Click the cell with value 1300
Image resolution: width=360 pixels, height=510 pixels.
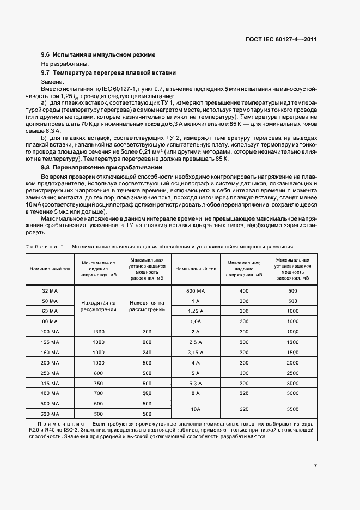point(98,331)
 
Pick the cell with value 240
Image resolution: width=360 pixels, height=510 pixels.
point(147,352)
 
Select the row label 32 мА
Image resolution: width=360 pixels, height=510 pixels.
point(50,291)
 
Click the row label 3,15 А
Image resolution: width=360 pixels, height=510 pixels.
point(196,352)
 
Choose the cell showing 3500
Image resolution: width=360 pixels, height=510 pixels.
point(292,409)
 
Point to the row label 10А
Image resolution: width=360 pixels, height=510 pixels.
point(196,409)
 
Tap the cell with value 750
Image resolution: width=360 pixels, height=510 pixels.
point(98,382)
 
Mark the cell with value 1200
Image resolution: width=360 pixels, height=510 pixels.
point(292,342)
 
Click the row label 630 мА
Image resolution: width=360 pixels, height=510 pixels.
point(50,414)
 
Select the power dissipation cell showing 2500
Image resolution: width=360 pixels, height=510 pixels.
point(292,373)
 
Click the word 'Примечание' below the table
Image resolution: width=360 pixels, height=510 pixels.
point(59,423)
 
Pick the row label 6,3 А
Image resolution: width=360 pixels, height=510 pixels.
point(196,382)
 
